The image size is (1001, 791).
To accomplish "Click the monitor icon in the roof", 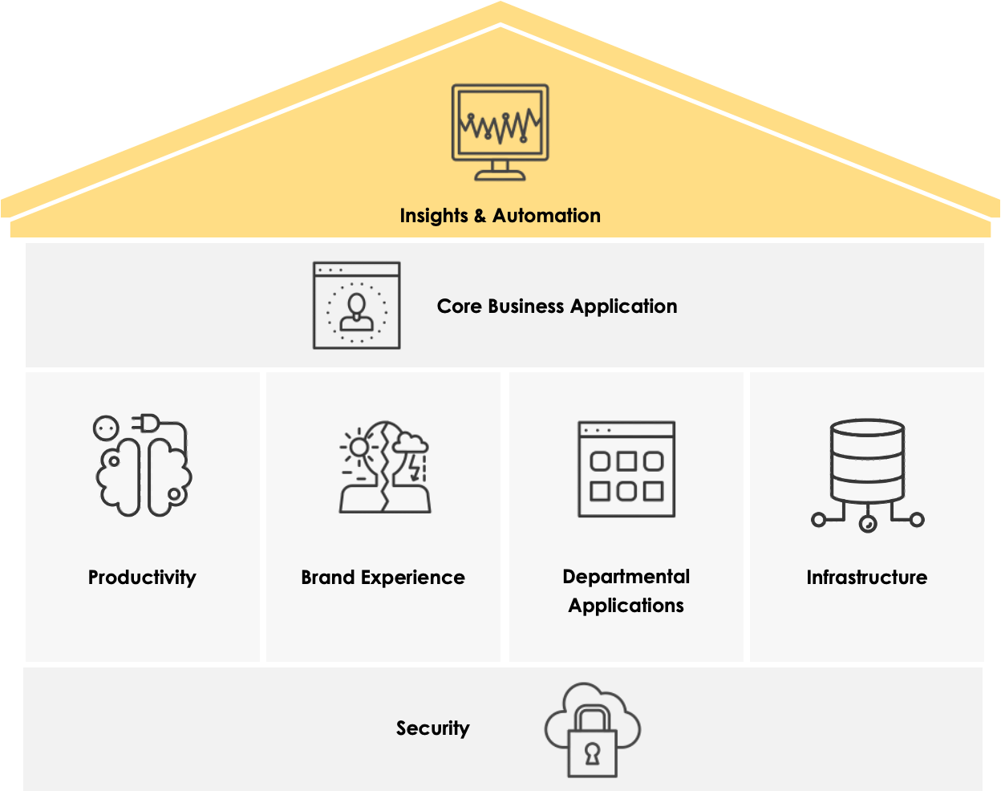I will click(x=500, y=130).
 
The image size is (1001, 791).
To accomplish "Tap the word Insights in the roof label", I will click(x=433, y=216).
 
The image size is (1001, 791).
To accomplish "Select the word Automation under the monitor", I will click(x=546, y=216).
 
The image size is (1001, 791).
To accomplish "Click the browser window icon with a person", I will click(x=356, y=306).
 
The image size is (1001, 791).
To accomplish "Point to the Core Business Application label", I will click(x=557, y=306).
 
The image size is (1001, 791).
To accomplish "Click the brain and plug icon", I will click(x=143, y=465).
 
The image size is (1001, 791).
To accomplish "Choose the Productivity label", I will click(x=142, y=578).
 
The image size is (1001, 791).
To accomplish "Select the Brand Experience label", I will click(x=383, y=578).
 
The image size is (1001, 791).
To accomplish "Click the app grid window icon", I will click(x=626, y=469).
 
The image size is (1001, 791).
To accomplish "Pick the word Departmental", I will click(x=626, y=577).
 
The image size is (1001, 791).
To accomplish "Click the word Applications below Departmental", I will click(x=626, y=606).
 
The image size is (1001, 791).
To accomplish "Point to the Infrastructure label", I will click(x=867, y=578).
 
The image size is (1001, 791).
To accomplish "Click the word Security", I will click(x=432, y=728).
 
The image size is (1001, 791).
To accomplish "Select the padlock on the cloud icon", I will click(x=592, y=747).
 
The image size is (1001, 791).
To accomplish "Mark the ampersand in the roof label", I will click(x=480, y=216).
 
